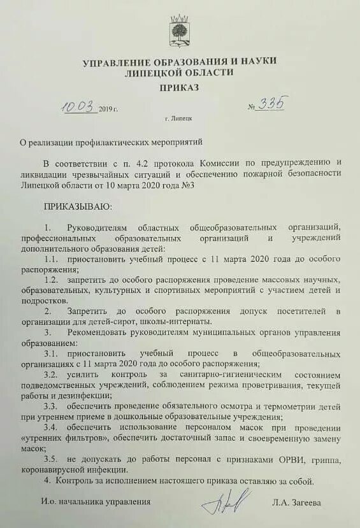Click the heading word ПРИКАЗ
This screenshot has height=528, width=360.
[180, 87]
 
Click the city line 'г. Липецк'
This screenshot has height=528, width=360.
[179, 118]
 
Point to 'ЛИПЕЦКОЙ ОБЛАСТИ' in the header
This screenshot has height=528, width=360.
[180, 73]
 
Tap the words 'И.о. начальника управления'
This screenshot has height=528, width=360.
[96, 502]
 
